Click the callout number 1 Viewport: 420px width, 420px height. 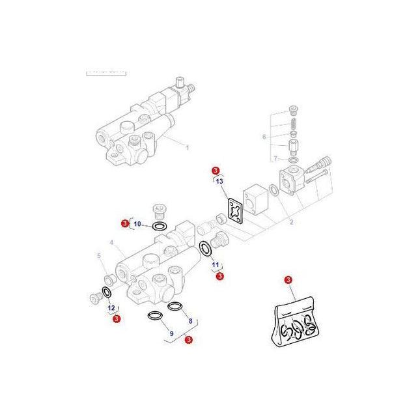(x=188, y=148)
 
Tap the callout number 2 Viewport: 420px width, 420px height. (x=291, y=222)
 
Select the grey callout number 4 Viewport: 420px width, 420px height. (x=112, y=242)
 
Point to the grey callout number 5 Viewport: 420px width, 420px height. (x=99, y=255)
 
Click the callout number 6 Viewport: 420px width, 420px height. (x=264, y=137)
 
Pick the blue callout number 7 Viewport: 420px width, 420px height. (x=275, y=158)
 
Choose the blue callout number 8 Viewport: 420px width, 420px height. (x=190, y=320)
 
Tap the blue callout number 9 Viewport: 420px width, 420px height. (x=171, y=333)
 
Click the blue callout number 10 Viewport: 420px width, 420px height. (x=137, y=224)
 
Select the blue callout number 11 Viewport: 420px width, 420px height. (x=216, y=265)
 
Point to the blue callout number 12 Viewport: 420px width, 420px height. (x=111, y=307)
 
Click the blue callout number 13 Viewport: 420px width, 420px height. (x=219, y=181)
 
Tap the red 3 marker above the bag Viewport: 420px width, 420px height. (x=288, y=280)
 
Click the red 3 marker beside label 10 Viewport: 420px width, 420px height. (x=125, y=224)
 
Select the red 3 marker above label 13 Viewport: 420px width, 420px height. (x=216, y=171)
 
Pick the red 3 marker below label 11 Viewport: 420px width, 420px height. (x=219, y=276)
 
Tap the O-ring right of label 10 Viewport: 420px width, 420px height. (x=159, y=227)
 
